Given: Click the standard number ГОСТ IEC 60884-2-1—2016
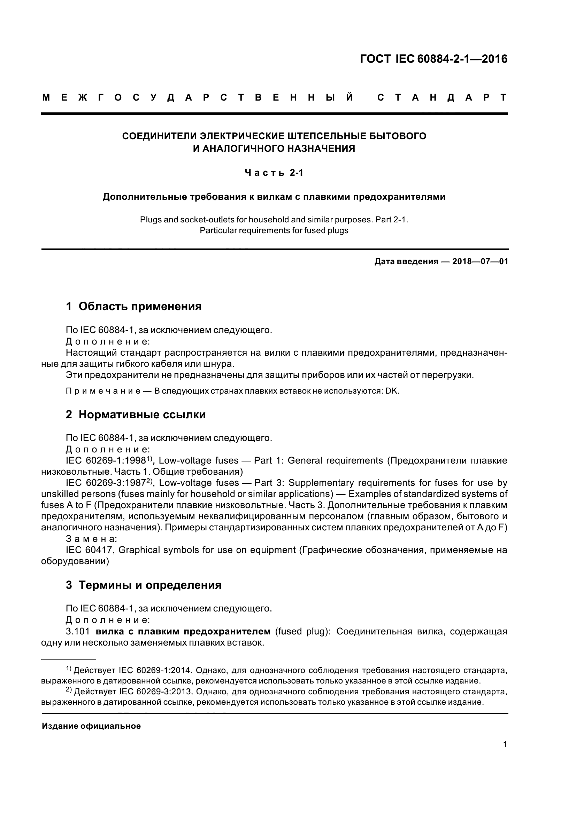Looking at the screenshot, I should click(433, 59).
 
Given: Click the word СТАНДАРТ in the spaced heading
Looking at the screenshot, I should click(442, 97).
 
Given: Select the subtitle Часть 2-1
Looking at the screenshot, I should click(274, 173).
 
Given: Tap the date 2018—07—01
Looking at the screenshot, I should click(480, 262).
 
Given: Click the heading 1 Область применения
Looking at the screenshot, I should click(133, 306).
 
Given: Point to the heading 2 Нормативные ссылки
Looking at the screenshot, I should click(136, 414).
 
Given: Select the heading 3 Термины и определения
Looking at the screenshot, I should click(143, 585).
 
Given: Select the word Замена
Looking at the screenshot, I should click(91, 539).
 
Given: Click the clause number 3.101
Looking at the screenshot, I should click(76, 631).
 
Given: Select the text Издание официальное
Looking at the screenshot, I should click(91, 726).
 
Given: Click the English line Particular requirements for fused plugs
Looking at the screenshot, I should click(274, 230).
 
